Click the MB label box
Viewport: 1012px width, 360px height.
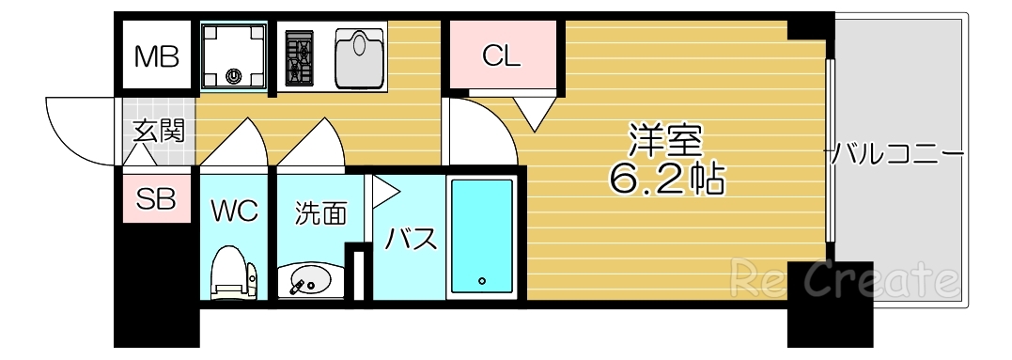pos(155,57)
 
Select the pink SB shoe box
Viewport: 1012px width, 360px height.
pos(156,199)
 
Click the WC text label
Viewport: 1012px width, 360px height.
pos(233,211)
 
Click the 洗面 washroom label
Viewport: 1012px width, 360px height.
pos(320,213)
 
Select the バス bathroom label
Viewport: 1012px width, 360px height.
pos(411,239)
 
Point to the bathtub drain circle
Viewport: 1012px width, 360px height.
pos(481,280)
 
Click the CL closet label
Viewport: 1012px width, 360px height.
pos(501,56)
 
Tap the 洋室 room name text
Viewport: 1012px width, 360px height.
pos(666,140)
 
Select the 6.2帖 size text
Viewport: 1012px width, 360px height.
pos(666,178)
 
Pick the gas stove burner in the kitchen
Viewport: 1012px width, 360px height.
pos(301,57)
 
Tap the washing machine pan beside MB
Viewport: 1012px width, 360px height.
pos(234,55)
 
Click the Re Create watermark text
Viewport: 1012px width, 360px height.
pos(844,279)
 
